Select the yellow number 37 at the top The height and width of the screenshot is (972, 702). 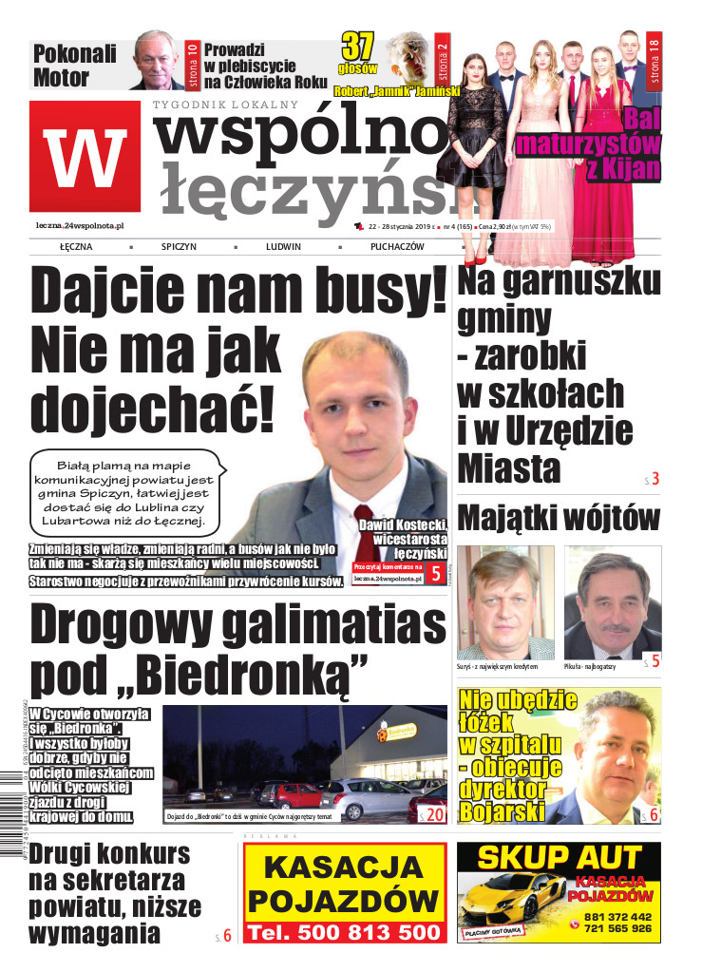point(359,47)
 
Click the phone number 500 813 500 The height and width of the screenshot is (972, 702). point(345,932)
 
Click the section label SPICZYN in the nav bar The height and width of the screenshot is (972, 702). point(179,246)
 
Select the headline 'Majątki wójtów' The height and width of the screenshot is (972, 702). point(558,519)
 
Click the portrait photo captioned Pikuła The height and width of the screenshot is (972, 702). point(613,601)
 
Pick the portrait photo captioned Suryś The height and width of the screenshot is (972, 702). point(504,601)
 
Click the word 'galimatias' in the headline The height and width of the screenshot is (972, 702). point(322,626)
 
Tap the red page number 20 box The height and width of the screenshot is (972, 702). point(431,813)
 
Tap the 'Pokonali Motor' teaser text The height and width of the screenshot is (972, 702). point(75,65)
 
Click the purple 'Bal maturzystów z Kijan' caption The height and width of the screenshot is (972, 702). point(589,145)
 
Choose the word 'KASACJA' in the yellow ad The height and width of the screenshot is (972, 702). point(344,868)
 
